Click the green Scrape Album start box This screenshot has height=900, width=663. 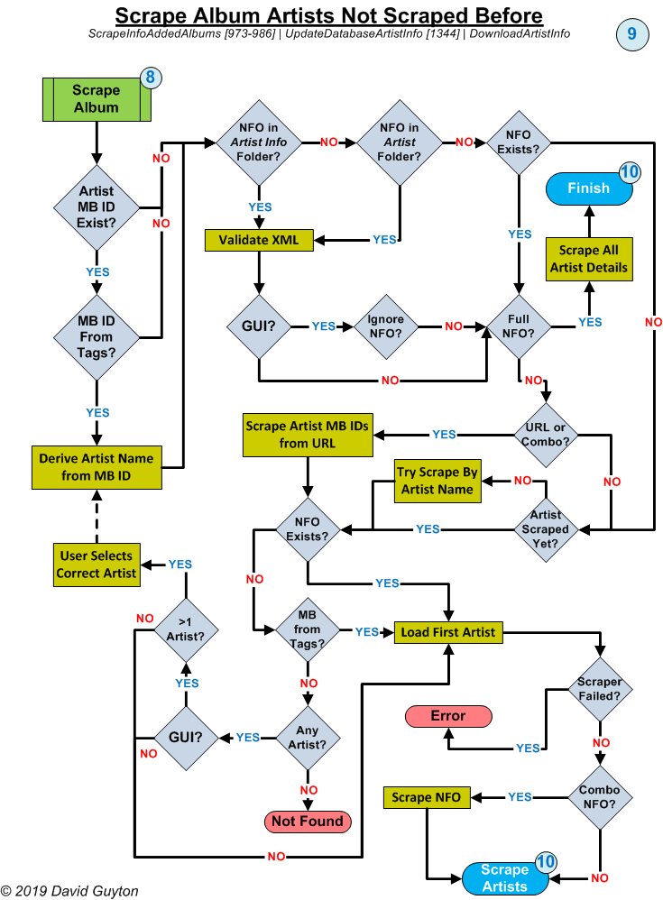96,98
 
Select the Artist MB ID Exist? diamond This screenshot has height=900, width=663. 97,207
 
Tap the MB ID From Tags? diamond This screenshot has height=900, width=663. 97,336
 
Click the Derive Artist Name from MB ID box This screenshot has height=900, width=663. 96,466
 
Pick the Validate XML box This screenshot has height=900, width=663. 259,240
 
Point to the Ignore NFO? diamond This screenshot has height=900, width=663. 386,326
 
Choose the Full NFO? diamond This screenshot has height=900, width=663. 520,326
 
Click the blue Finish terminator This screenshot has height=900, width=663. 588,188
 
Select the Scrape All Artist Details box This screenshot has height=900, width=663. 588,259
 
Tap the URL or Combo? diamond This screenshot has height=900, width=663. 545,435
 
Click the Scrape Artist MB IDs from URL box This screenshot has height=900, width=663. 308,436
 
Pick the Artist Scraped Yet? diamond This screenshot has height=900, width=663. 545,528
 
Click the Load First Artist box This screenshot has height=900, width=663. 448,632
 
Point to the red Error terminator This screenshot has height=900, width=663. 448,716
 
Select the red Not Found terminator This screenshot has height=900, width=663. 308,821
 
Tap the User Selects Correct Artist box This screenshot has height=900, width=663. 96,565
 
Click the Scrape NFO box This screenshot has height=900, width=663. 427,797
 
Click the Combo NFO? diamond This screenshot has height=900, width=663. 599,797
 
